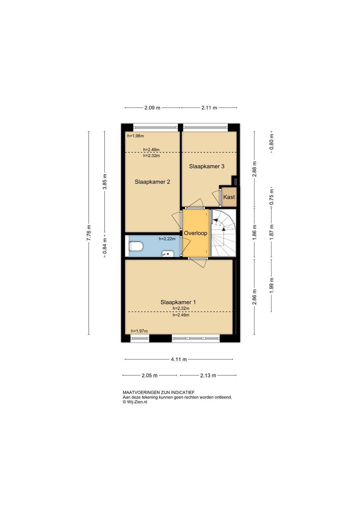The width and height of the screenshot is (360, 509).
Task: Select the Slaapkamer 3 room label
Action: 207,166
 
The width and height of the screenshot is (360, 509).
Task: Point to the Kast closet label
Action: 229,197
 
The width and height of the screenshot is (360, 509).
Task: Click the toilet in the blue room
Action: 136,246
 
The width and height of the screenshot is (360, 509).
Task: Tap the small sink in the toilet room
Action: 168,254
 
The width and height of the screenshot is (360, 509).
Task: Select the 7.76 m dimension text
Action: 89,232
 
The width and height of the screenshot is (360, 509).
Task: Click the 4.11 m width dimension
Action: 179,359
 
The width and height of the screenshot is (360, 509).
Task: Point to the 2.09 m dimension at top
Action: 152,108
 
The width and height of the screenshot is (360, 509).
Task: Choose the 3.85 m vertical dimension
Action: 105,181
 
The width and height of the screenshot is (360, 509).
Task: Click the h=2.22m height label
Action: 167,239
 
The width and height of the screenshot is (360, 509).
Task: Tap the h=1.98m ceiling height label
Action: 136,136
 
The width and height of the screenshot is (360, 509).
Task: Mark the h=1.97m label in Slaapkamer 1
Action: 139,331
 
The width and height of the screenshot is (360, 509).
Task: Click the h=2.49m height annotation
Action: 151,149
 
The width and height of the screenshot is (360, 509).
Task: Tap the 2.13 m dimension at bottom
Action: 208,375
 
